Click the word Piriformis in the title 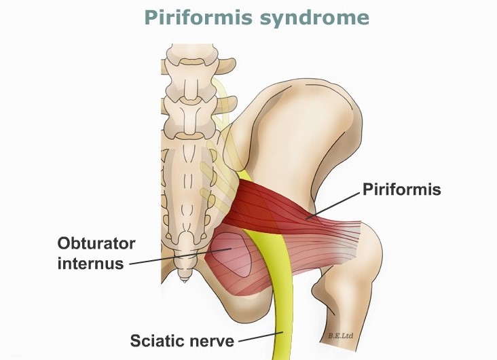coord(198,18)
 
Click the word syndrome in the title coord(315,18)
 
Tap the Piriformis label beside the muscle coord(401,190)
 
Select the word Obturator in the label coord(96,244)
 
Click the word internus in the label coord(91,264)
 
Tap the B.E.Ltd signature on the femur coord(341,336)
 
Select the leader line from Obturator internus coord(181,256)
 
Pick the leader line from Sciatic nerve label coord(261,337)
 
